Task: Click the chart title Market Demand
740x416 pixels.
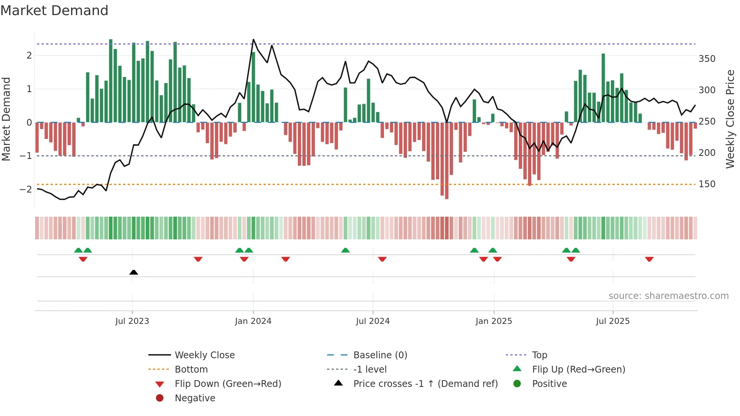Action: [54, 10]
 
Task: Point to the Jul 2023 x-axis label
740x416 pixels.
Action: [132, 321]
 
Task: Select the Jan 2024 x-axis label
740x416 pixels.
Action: [253, 321]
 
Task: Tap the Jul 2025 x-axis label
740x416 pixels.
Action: [613, 321]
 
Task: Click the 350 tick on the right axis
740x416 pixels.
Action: [707, 59]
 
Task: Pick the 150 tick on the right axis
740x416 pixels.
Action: [707, 184]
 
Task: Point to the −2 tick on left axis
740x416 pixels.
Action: [26, 189]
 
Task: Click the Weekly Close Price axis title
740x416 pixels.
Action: [730, 119]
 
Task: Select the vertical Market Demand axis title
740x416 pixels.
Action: [6, 119]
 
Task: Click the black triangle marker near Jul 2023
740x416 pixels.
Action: [134, 272]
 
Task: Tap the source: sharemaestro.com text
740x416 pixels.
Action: [668, 296]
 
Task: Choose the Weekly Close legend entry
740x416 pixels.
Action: [204, 355]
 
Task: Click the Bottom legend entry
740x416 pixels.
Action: [191, 370]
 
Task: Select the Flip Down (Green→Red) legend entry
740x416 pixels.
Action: [228, 384]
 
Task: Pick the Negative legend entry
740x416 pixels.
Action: [195, 398]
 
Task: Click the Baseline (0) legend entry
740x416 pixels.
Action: [380, 355]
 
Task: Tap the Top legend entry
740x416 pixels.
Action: [539, 355]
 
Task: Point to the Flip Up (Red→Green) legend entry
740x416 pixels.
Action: [578, 370]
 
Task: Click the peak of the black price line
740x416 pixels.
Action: [253, 40]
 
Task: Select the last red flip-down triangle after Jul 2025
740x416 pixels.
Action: [649, 259]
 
